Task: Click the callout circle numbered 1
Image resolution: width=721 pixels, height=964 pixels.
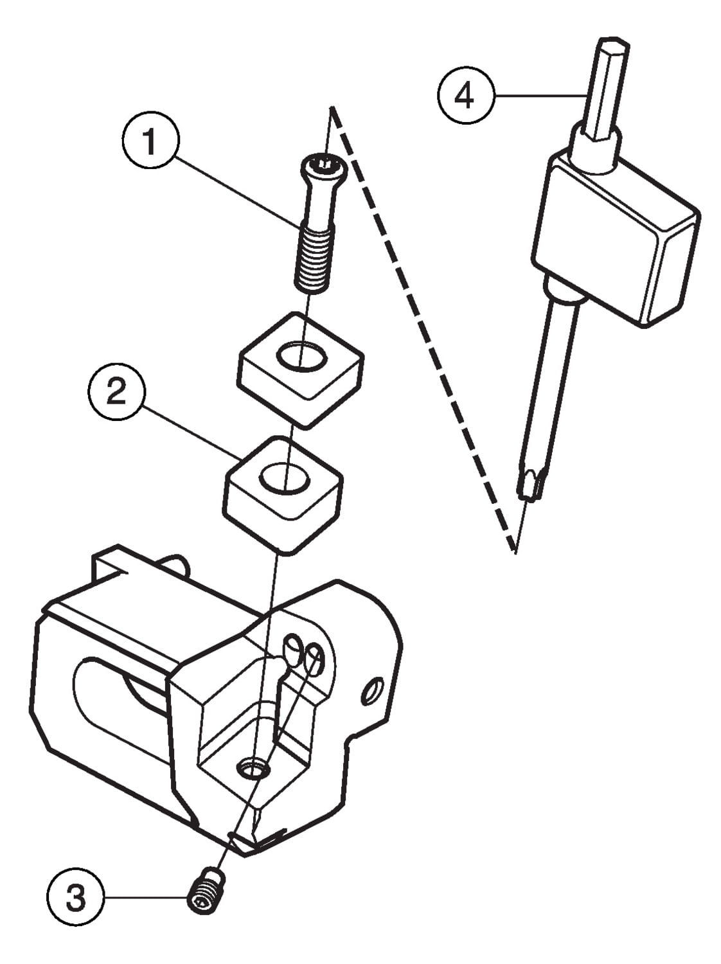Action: click(x=150, y=141)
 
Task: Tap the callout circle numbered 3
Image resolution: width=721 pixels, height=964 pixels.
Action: click(x=75, y=897)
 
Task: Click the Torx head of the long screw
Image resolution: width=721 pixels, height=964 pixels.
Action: click(x=322, y=168)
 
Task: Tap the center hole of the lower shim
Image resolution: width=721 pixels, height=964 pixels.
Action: click(x=284, y=478)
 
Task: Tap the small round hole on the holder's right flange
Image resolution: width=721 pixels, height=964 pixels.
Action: click(x=372, y=692)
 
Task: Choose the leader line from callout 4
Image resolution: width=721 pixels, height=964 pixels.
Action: click(x=540, y=96)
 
